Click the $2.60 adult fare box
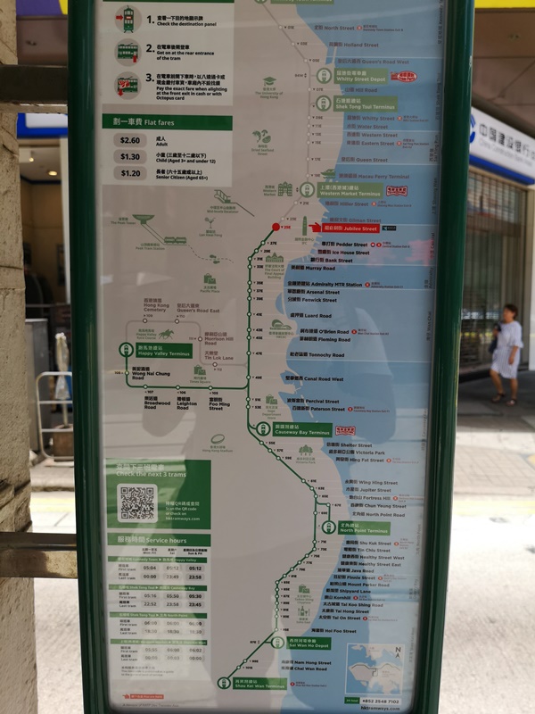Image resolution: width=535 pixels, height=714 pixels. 129,140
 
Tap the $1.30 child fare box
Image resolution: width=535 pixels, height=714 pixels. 129,156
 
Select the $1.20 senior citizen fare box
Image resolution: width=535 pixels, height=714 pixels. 129,173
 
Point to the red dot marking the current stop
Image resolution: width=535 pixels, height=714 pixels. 275,227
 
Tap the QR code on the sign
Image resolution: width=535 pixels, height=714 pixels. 137,503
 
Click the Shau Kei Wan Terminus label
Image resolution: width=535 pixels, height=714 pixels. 259,685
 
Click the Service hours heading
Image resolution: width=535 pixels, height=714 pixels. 159,541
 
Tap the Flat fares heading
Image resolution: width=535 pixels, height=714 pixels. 154,122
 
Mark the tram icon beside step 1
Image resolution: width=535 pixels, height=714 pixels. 128,18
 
